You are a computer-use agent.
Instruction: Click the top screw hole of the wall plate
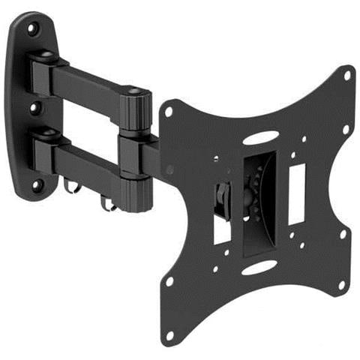click(33, 29)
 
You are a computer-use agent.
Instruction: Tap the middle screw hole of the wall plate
click(34, 108)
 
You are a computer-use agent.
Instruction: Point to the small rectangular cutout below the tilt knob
click(222, 229)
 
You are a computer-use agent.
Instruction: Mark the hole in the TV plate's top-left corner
click(169, 110)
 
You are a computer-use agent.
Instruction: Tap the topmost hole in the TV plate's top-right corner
click(347, 74)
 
